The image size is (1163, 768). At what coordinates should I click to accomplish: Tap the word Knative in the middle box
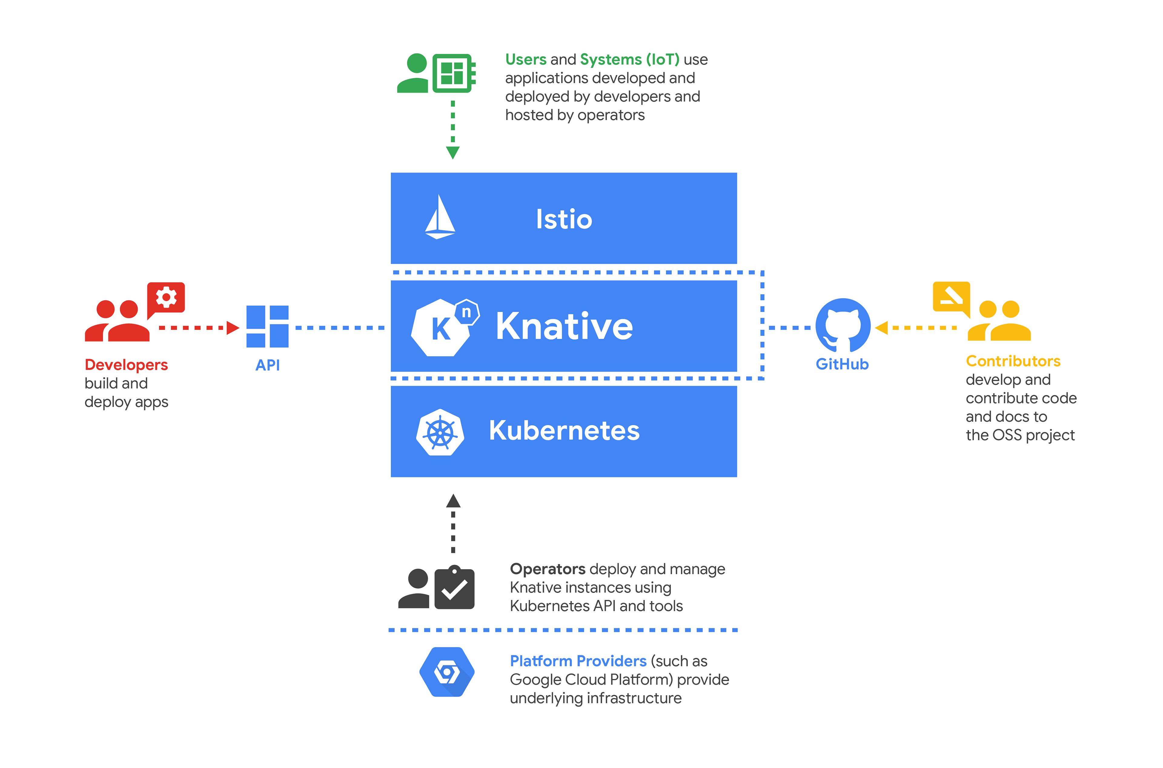click(x=564, y=326)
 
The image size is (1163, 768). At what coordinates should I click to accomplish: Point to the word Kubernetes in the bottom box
click(x=564, y=430)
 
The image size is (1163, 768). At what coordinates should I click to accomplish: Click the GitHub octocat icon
click(x=843, y=325)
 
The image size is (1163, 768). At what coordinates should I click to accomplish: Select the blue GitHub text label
click(x=842, y=364)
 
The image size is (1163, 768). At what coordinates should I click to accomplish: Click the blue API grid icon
click(x=267, y=327)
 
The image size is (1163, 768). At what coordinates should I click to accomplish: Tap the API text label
click(x=267, y=365)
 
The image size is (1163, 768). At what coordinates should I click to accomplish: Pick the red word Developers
click(x=126, y=365)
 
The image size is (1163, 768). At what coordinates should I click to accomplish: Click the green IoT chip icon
click(x=454, y=74)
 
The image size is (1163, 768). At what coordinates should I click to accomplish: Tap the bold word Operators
click(x=547, y=569)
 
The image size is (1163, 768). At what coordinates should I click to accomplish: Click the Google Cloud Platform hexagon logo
click(x=447, y=672)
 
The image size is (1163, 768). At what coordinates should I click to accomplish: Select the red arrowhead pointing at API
click(x=233, y=328)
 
